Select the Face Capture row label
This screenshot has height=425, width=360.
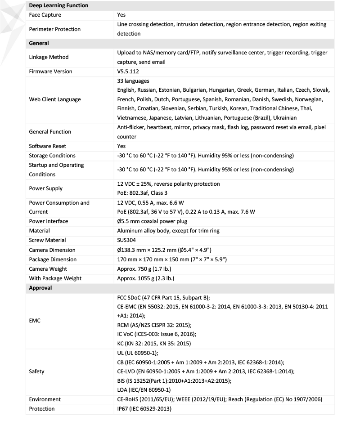[45, 15]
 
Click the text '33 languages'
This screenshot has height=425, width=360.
[134, 81]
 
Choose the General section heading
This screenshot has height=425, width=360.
[39, 43]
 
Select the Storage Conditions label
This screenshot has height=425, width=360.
[52, 156]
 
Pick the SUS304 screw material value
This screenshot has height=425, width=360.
[127, 240]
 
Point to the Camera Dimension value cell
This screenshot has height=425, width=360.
[164, 250]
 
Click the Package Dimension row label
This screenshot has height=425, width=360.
[53, 259]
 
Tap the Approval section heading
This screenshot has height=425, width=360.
[40, 287]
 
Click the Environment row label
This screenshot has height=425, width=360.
[45, 399]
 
